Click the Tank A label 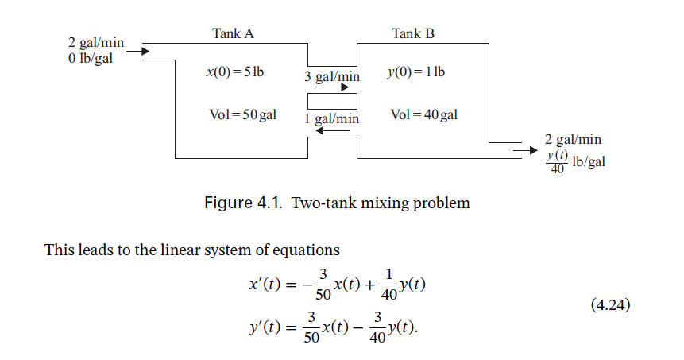pyautogui.click(x=233, y=33)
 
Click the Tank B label pyautogui.click(x=413, y=33)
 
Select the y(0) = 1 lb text pyautogui.click(x=415, y=72)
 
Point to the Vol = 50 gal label pyautogui.click(x=242, y=115)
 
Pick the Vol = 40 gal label pyautogui.click(x=424, y=115)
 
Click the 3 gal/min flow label pyautogui.click(x=332, y=77)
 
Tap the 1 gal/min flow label pyautogui.click(x=332, y=118)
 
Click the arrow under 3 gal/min pyautogui.click(x=332, y=88)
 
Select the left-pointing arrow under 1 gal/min pyautogui.click(x=332, y=130)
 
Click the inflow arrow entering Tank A pyautogui.click(x=137, y=52)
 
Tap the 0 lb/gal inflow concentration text pyautogui.click(x=91, y=61)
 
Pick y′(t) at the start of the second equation pyautogui.click(x=266, y=326)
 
